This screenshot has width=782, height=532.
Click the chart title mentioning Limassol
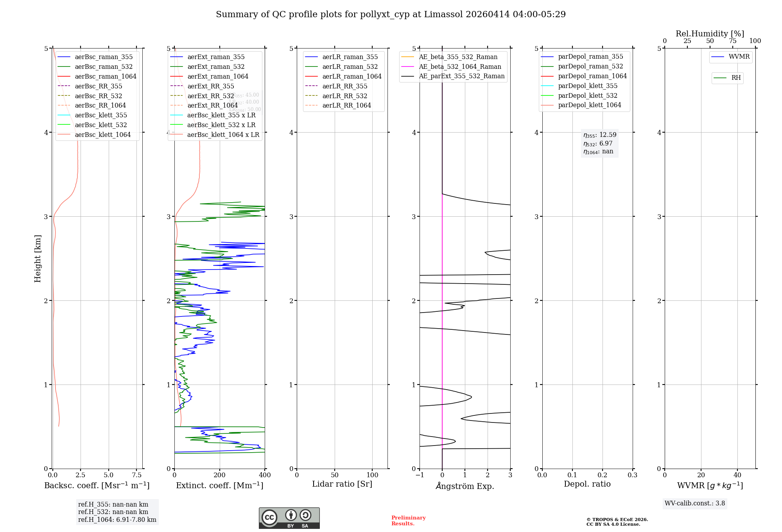point(391,14)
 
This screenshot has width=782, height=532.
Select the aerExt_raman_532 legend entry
point(216,66)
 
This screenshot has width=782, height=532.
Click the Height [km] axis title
point(38,259)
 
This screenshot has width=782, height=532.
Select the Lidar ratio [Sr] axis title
point(342,484)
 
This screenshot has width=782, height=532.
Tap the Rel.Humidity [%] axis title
point(710,34)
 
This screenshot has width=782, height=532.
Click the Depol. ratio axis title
point(587,484)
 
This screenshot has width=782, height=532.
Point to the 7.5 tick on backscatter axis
point(136,475)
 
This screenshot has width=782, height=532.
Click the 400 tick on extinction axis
point(265,475)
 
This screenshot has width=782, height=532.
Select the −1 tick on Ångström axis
point(420,475)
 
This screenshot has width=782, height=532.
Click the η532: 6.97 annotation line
point(598,144)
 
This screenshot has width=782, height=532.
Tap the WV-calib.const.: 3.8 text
point(694,503)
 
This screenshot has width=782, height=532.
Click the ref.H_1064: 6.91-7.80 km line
point(117,520)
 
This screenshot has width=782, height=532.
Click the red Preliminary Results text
point(408,521)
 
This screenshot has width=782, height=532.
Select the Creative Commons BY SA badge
point(289,518)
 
